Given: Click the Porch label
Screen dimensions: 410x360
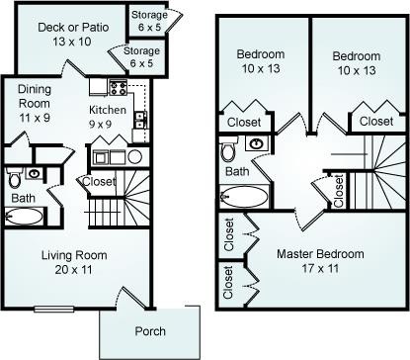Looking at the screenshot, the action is pyautogui.click(x=150, y=331).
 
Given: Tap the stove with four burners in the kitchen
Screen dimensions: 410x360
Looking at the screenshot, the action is pyautogui.click(x=119, y=87).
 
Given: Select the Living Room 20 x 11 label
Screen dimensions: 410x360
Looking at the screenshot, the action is pyautogui.click(x=74, y=262).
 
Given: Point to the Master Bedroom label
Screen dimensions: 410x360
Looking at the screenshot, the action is pyautogui.click(x=320, y=254).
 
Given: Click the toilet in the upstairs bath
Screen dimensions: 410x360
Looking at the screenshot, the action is pyautogui.click(x=228, y=148).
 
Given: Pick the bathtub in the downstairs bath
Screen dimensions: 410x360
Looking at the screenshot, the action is pyautogui.click(x=24, y=217).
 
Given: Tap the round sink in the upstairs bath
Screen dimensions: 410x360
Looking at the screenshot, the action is pyautogui.click(x=256, y=143).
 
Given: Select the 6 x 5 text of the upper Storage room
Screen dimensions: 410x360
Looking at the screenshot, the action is pyautogui.click(x=149, y=28).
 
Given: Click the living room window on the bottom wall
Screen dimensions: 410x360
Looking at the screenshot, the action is pyautogui.click(x=54, y=309).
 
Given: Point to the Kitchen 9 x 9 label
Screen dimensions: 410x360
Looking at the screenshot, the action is pyautogui.click(x=108, y=117).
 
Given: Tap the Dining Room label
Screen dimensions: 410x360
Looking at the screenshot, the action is pyautogui.click(x=35, y=96).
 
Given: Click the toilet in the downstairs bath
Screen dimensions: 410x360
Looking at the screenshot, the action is pyautogui.click(x=14, y=177).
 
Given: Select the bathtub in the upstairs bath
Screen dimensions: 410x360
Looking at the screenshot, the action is pyautogui.click(x=244, y=197).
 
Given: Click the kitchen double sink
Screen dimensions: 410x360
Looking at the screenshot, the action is pyautogui.click(x=140, y=120).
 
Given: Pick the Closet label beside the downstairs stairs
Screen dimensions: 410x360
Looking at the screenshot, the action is pyautogui.click(x=99, y=181).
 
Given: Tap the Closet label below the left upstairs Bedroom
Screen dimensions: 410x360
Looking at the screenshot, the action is pyautogui.click(x=244, y=123).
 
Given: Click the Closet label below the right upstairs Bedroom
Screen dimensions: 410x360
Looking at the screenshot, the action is pyautogui.click(x=376, y=122).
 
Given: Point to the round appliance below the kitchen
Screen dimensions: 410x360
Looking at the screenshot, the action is pyautogui.click(x=135, y=157).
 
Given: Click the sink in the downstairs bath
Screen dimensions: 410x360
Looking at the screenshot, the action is pyautogui.click(x=34, y=173).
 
